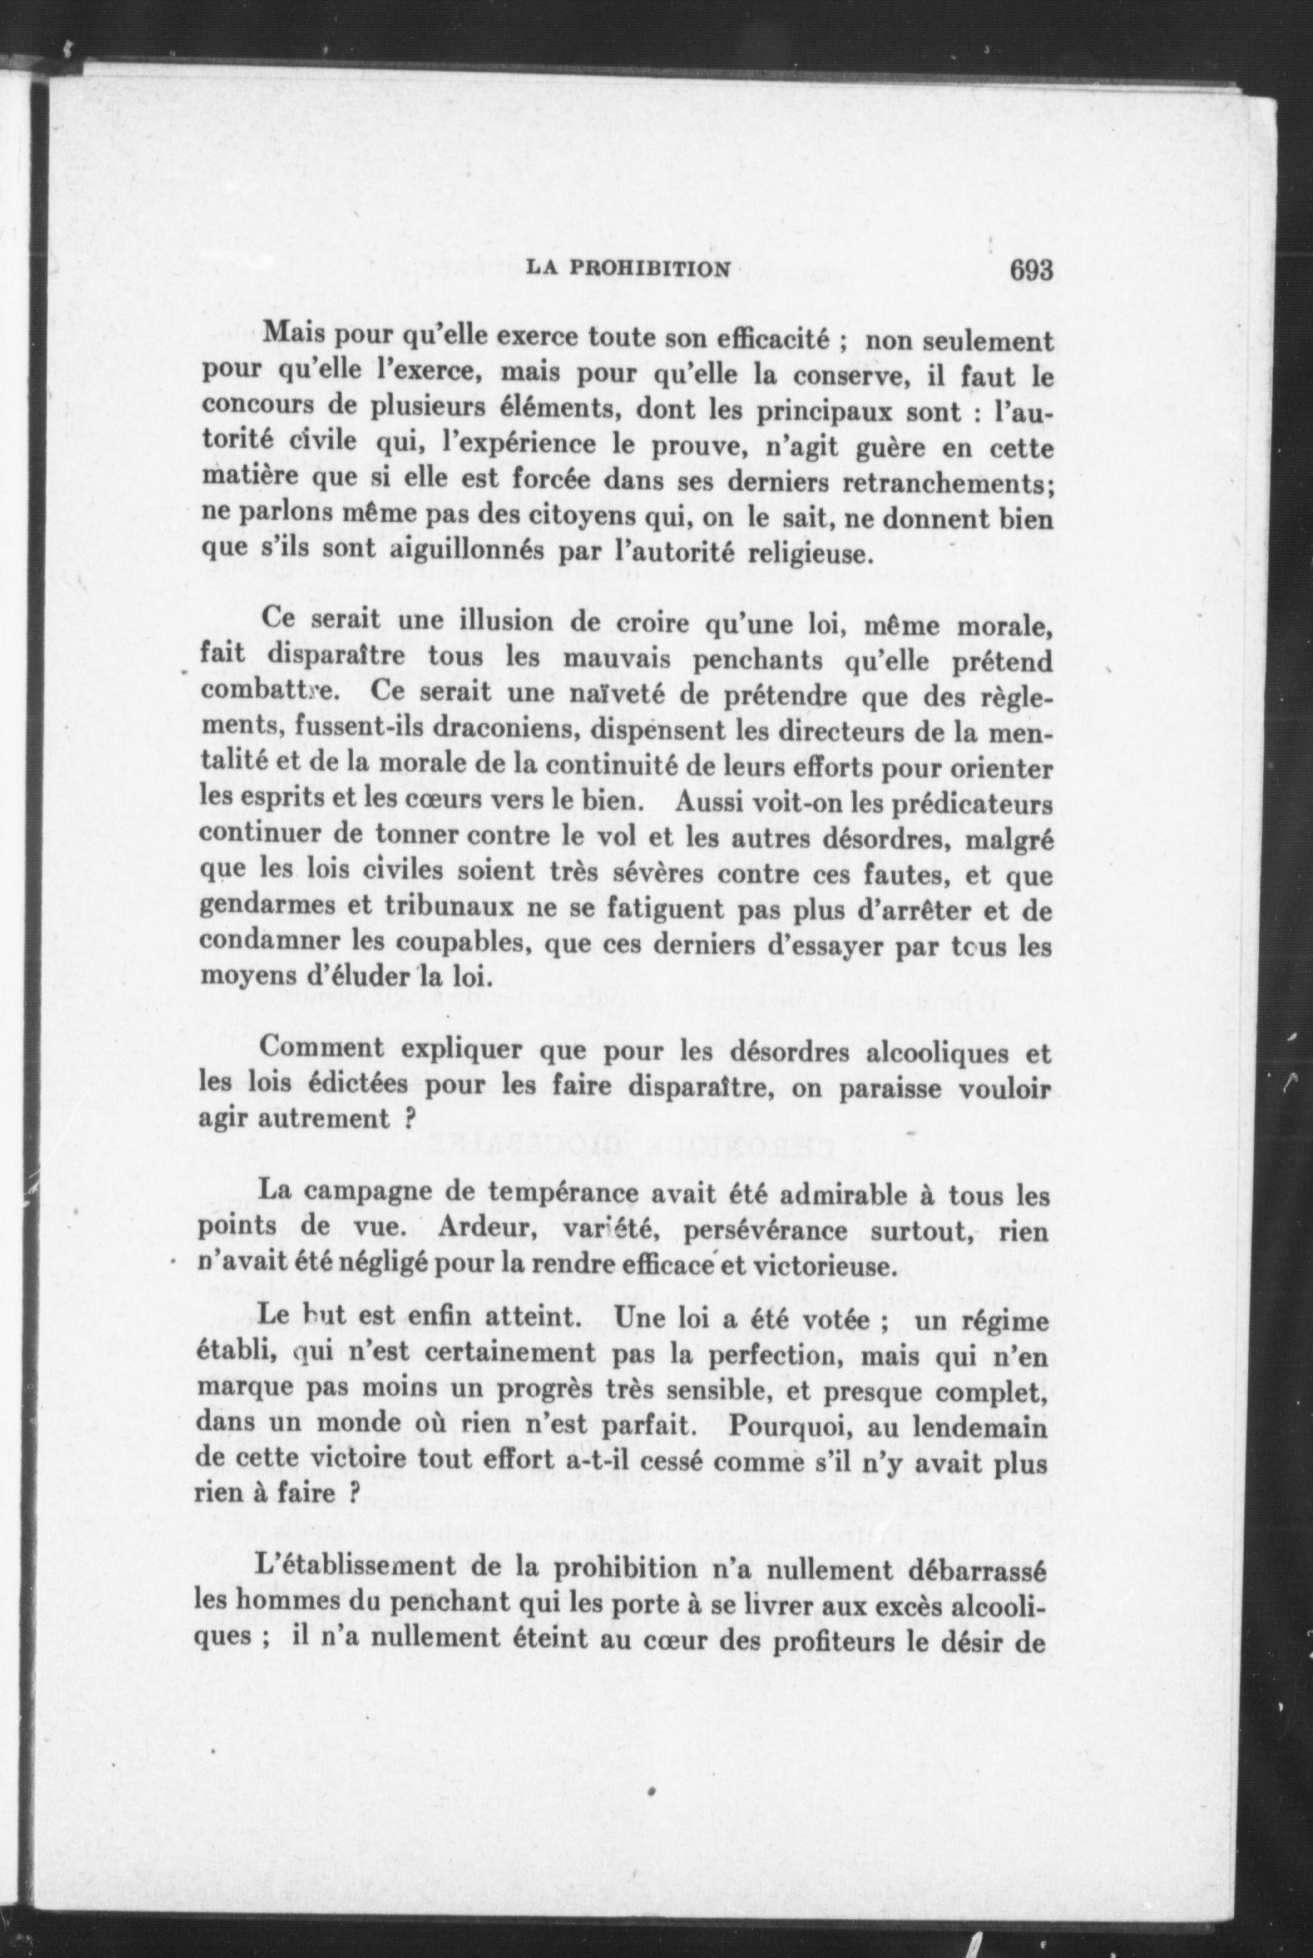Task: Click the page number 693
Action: coord(1030,270)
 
